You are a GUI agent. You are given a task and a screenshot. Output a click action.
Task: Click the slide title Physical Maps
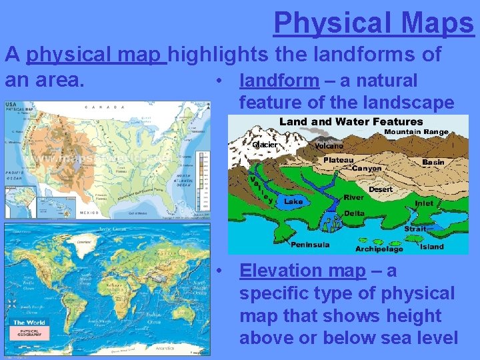point(373,23)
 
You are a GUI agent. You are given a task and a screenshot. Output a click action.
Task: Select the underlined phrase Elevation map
point(302,271)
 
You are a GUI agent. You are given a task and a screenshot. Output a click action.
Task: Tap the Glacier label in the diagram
point(265,145)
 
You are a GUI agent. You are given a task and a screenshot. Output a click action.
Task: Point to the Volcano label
point(327,145)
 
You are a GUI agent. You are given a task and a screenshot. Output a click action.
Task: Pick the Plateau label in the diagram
point(339,160)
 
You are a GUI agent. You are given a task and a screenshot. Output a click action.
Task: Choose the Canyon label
point(367,169)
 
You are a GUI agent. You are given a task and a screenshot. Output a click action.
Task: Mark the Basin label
point(433,161)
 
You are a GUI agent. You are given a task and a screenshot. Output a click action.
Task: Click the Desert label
point(381,189)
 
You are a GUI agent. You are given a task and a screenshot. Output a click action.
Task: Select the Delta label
point(354,213)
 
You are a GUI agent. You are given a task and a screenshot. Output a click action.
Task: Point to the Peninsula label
point(309,245)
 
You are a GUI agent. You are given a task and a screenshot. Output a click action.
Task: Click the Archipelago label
point(379,249)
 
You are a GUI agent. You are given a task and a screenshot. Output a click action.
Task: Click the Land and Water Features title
point(351,121)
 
